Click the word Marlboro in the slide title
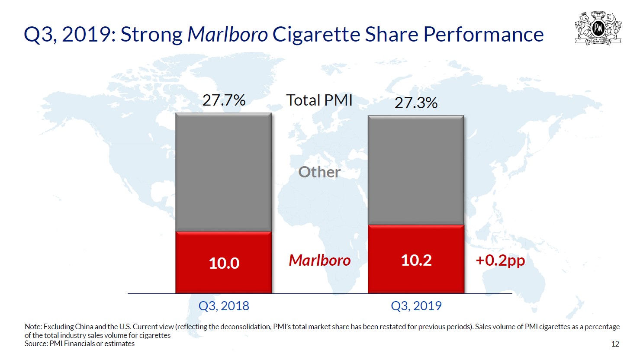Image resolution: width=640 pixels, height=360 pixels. click(x=228, y=35)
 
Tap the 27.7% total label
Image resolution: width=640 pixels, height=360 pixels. click(x=224, y=100)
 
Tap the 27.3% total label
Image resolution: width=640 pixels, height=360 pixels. click(x=416, y=103)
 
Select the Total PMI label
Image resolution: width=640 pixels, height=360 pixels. click(x=319, y=100)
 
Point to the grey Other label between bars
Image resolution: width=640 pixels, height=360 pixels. click(x=319, y=172)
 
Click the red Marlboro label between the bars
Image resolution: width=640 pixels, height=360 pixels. click(x=319, y=260)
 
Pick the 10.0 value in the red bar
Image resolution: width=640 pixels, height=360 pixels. click(x=224, y=263)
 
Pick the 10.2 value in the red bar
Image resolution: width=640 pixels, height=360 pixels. click(x=416, y=260)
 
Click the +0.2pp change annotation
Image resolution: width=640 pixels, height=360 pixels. click(x=500, y=260)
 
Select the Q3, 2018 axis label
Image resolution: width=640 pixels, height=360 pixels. click(x=224, y=306)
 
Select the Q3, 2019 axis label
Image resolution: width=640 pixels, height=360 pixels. click(x=416, y=306)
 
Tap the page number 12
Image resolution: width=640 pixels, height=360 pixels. click(x=615, y=344)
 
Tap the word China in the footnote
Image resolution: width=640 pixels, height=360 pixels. click(x=84, y=327)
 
